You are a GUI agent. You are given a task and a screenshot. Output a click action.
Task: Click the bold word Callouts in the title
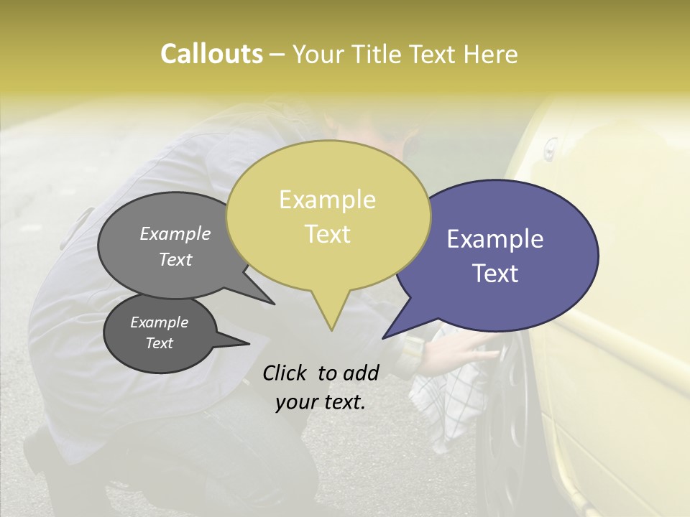click(211, 54)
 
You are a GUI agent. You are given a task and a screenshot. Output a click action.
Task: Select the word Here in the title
click(489, 55)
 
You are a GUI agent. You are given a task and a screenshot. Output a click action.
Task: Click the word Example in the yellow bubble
click(327, 200)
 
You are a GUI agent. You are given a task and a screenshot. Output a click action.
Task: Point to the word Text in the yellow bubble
click(327, 234)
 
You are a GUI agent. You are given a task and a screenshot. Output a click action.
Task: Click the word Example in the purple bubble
click(494, 239)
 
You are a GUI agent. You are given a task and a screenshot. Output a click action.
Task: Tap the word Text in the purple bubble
click(495, 274)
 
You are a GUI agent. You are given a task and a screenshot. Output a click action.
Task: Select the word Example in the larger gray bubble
click(175, 233)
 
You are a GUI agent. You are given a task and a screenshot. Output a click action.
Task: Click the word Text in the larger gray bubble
click(175, 259)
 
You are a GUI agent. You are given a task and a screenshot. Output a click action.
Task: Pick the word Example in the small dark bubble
click(159, 322)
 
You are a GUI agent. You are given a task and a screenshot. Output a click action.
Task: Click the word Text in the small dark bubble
click(159, 343)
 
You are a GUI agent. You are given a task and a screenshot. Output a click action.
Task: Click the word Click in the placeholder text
click(285, 373)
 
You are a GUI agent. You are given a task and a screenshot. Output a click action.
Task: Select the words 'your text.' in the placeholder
click(320, 402)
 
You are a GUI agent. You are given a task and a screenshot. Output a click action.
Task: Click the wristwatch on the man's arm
click(413, 348)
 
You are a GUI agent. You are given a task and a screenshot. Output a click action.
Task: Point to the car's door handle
click(550, 149)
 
